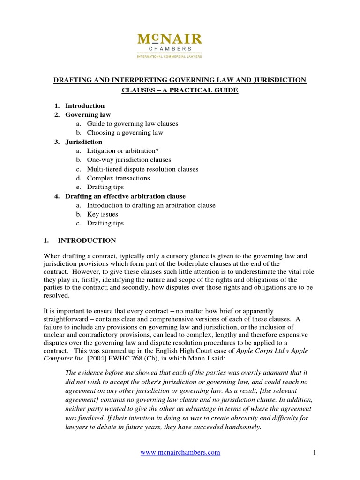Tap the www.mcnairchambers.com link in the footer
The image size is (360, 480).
[x=180, y=452]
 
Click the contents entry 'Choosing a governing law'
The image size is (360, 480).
[x=125, y=133]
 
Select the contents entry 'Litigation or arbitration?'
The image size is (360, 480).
[x=120, y=151]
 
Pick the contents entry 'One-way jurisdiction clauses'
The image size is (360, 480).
[x=128, y=160]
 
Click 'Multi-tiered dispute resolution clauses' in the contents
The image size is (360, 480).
[x=142, y=169]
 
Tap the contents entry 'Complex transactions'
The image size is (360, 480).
[x=118, y=178]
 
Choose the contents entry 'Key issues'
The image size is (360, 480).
[x=102, y=214]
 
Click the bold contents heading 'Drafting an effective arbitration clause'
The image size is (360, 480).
[x=125, y=196]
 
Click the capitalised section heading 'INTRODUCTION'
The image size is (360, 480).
[x=87, y=240]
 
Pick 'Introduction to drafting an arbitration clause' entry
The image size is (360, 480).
[x=151, y=205]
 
